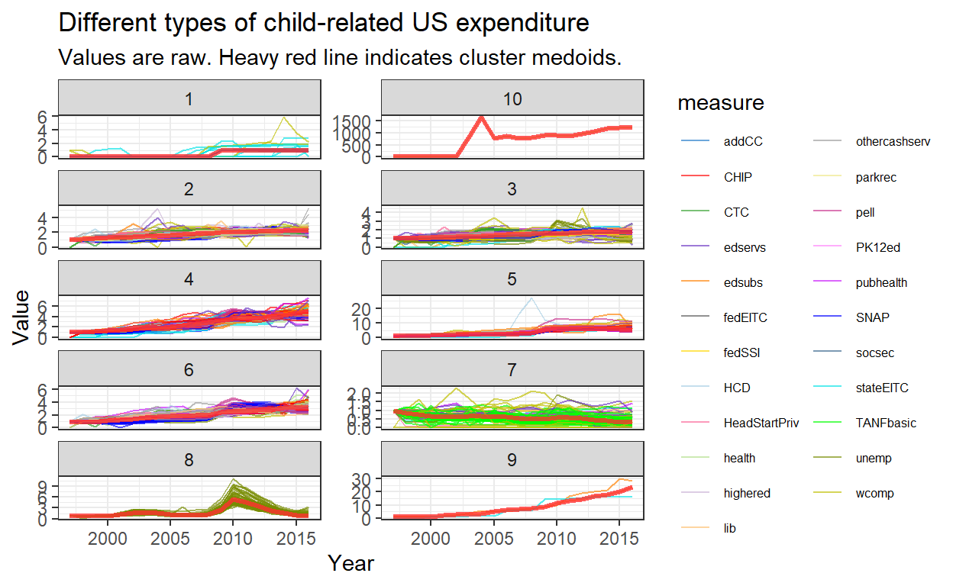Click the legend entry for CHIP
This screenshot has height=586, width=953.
point(737,177)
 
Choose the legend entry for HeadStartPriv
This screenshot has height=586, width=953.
point(761,423)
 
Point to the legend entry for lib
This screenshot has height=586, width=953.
point(731,528)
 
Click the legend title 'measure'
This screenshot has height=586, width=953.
point(721,102)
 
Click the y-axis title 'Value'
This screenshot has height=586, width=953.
point(23,317)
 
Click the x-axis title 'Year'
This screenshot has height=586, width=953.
point(351,564)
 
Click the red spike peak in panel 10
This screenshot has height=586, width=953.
point(481,117)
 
